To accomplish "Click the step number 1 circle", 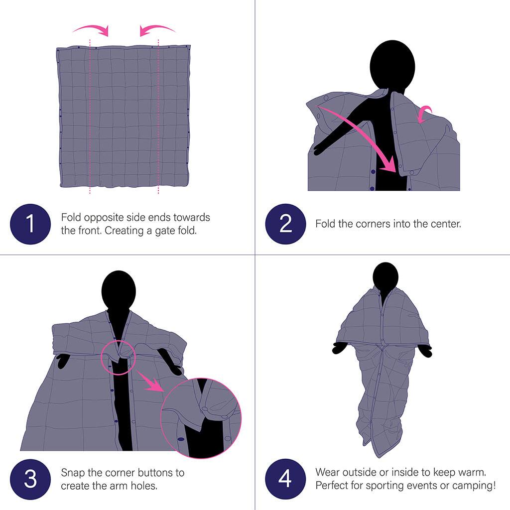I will [x=30, y=224].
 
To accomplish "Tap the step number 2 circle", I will [x=285, y=224].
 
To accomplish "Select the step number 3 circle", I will [x=30, y=479].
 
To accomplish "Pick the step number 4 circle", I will [x=285, y=479].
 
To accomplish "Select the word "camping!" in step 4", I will [x=475, y=485].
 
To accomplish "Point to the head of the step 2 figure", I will [x=392, y=64].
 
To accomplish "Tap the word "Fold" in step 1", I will [x=71, y=218].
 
